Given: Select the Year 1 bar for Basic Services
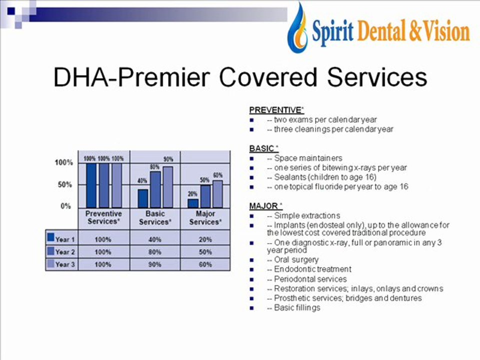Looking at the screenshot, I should (x=143, y=198).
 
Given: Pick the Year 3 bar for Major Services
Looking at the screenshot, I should (x=217, y=193).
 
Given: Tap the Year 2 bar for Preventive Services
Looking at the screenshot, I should (x=104, y=185).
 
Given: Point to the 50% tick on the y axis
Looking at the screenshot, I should (x=63, y=184).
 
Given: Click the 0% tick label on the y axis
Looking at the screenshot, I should (x=65, y=206).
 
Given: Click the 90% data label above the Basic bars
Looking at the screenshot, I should (x=168, y=159).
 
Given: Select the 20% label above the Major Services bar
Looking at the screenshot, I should (x=192, y=193).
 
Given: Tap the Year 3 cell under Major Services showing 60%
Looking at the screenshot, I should (x=205, y=264).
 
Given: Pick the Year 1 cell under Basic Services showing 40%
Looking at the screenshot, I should (x=154, y=239).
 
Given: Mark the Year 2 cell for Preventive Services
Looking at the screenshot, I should (x=102, y=251).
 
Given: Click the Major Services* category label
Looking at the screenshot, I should (x=205, y=217).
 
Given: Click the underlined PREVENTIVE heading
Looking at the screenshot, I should (x=276, y=110).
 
